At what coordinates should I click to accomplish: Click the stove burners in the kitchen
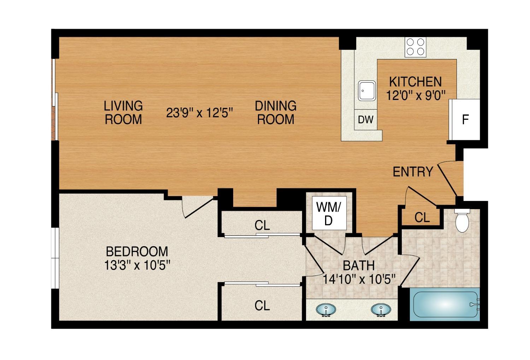point(415,47)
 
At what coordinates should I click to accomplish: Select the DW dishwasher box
point(365,120)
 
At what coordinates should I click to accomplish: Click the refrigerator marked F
point(465,120)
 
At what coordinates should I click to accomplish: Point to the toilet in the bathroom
point(462,221)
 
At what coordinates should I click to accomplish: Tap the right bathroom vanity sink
point(381,310)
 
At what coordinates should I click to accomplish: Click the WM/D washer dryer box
point(329,213)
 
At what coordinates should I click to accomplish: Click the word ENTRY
point(413,172)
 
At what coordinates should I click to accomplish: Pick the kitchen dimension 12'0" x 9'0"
point(415,95)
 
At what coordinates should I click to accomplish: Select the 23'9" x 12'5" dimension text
point(200,113)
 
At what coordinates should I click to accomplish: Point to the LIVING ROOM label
point(123,112)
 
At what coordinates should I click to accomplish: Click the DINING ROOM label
point(276,112)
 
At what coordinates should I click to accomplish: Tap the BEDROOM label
point(137,252)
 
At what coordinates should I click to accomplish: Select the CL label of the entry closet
point(422,218)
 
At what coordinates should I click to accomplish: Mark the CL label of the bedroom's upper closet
point(262,225)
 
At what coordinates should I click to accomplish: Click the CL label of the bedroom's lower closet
point(262,305)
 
